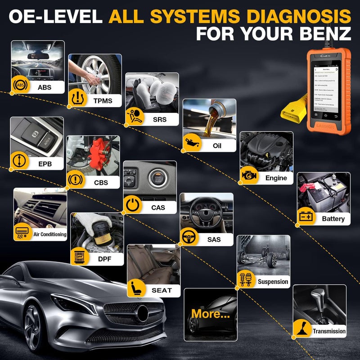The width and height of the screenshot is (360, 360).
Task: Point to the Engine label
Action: pyautogui.click(x=275, y=178)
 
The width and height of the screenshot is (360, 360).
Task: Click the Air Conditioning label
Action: pyautogui.click(x=49, y=234)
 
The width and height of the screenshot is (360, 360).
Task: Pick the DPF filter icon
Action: pyautogui.click(x=80, y=256)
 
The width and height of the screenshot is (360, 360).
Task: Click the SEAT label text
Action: pyautogui.click(x=162, y=290)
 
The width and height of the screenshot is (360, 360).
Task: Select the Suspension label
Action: pyautogui.click(x=273, y=282)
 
